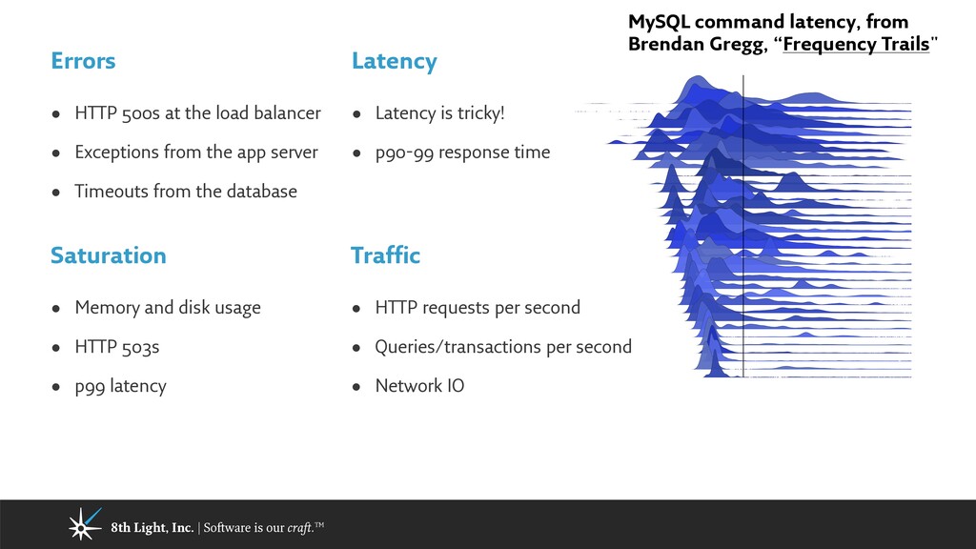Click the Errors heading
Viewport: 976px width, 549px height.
[x=83, y=61]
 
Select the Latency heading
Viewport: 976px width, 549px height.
[x=394, y=61]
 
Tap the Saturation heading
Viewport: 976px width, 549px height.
[x=108, y=255]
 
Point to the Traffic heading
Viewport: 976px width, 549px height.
[x=385, y=255]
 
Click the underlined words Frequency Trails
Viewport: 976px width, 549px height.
[x=855, y=44]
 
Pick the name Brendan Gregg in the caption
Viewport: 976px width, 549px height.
[x=688, y=44]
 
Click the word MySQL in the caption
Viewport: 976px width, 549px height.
[x=658, y=22]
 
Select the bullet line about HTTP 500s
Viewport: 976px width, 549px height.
[x=197, y=113]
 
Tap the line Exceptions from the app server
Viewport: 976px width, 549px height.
[x=195, y=152]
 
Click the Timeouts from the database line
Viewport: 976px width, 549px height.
[x=186, y=192]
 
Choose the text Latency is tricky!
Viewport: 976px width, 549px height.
[x=439, y=113]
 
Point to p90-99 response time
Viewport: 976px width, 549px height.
[x=462, y=152]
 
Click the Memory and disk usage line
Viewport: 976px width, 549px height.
[x=167, y=308]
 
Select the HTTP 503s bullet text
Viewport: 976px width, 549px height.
[x=116, y=347]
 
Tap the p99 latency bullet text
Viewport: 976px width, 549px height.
[x=120, y=386]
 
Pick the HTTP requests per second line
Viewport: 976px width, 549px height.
[x=478, y=308]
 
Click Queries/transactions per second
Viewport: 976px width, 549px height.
[x=503, y=347]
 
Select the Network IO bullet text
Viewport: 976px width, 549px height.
[x=419, y=386]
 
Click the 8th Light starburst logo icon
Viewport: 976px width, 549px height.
[x=84, y=524]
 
